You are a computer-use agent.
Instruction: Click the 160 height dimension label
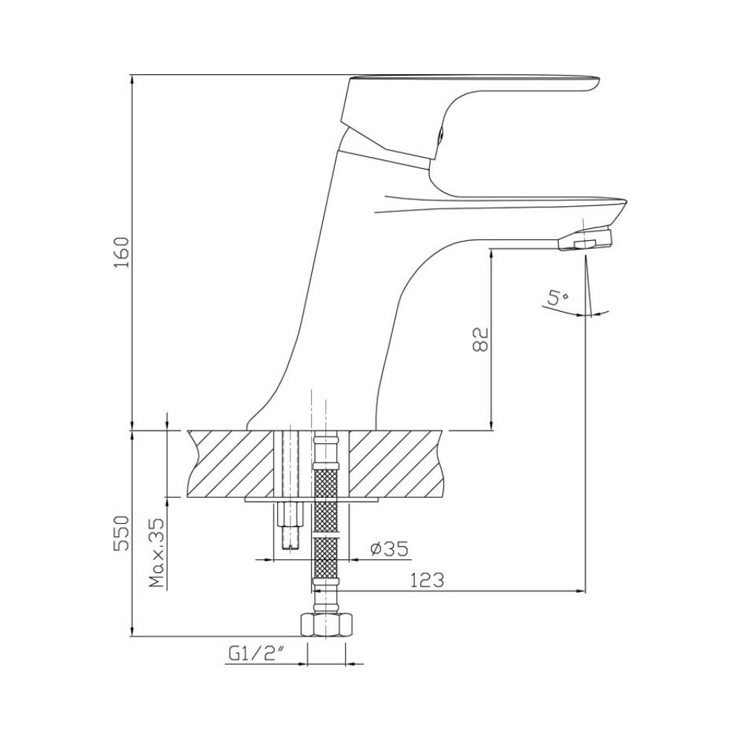[x=122, y=252]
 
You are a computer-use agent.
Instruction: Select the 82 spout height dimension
[x=480, y=339]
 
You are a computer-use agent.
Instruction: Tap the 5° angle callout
[x=558, y=298]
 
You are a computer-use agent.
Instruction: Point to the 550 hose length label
[x=122, y=533]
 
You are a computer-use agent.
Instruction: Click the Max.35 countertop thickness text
[x=156, y=553]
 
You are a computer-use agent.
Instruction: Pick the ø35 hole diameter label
[x=389, y=548]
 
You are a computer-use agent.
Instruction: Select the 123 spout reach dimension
[x=427, y=580]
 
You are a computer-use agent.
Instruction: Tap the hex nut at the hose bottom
[x=327, y=625]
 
